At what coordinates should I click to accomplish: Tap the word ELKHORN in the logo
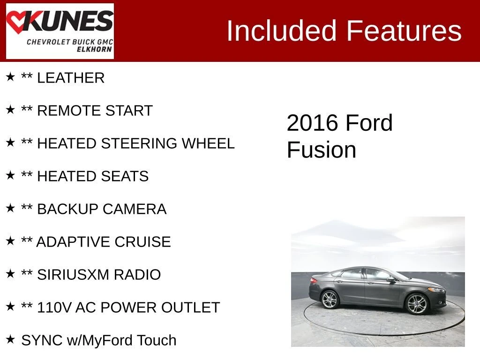(94, 49)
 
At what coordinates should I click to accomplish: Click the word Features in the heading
(404, 30)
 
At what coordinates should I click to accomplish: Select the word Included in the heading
(281, 30)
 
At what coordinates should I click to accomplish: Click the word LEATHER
(71, 78)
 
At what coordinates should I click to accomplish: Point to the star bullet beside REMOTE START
(10, 109)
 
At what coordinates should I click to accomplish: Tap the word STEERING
(139, 143)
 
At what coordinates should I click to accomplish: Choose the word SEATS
(125, 176)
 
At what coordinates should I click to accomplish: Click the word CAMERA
(135, 209)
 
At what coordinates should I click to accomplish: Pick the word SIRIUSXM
(73, 275)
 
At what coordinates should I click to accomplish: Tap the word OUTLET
(190, 307)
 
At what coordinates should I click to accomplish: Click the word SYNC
(42, 340)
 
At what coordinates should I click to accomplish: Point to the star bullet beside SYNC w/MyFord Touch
(10, 339)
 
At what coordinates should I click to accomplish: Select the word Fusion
(322, 150)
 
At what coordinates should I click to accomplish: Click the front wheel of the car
(416, 304)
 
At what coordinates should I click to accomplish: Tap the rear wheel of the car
(330, 299)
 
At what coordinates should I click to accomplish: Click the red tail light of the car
(314, 280)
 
